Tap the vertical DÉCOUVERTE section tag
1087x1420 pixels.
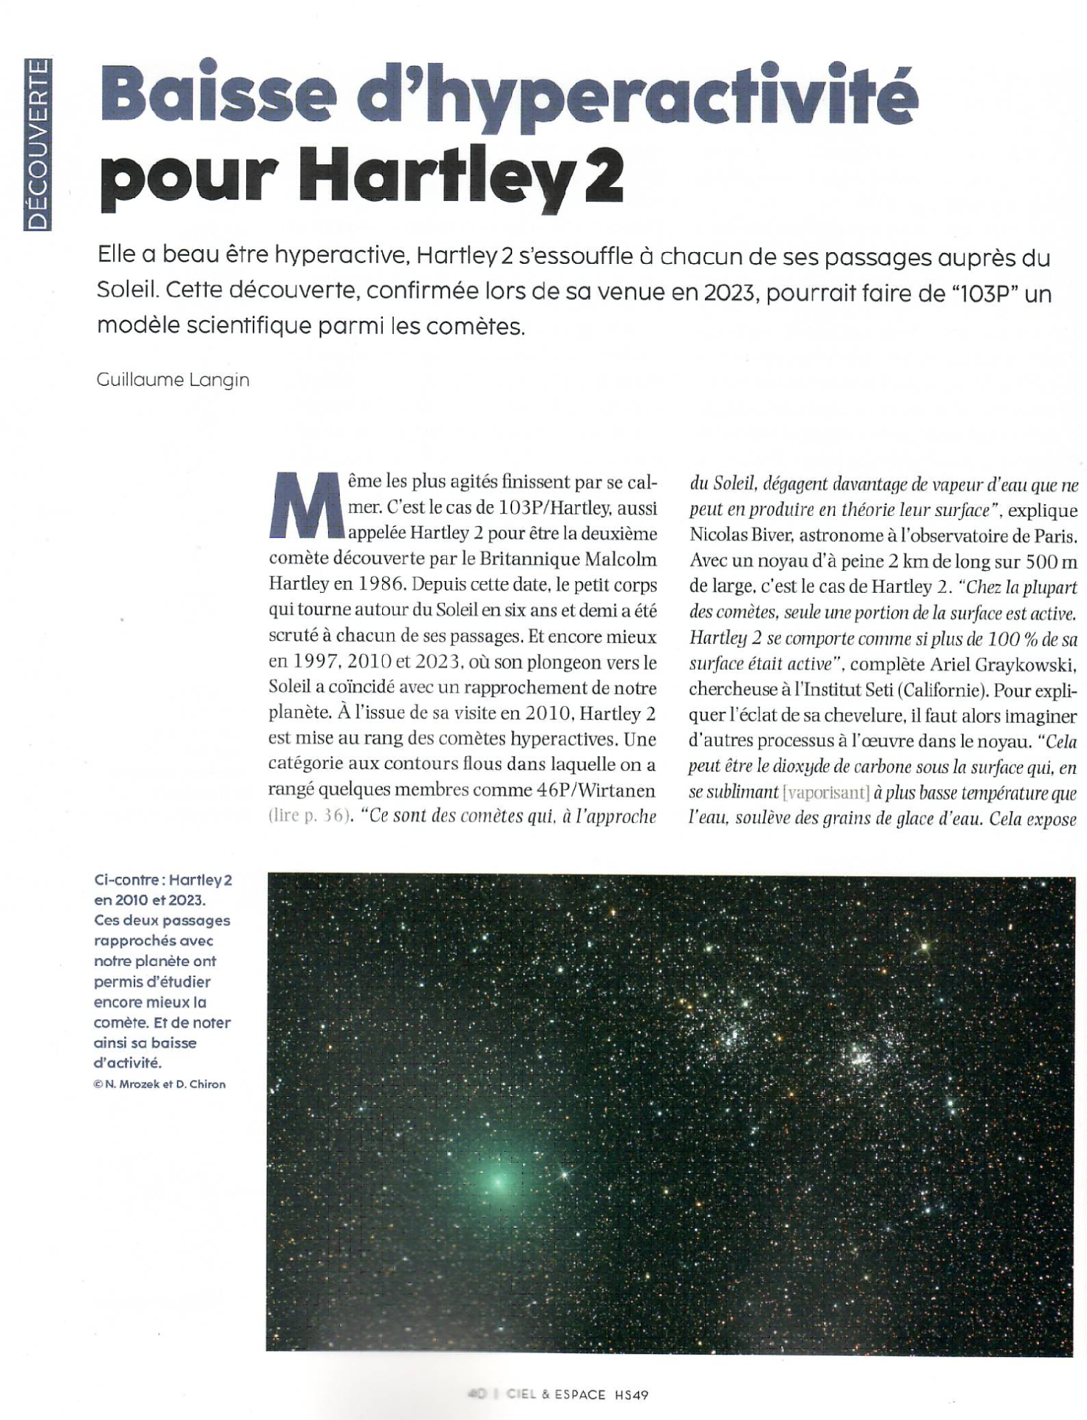pos(38,144)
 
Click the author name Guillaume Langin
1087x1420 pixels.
pos(173,380)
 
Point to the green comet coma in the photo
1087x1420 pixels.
pos(497,1180)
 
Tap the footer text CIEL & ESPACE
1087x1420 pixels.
pos(556,1394)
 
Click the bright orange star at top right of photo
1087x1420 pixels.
pos(924,945)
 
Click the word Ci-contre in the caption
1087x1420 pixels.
pos(127,880)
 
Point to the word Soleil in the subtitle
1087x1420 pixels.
pos(126,291)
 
